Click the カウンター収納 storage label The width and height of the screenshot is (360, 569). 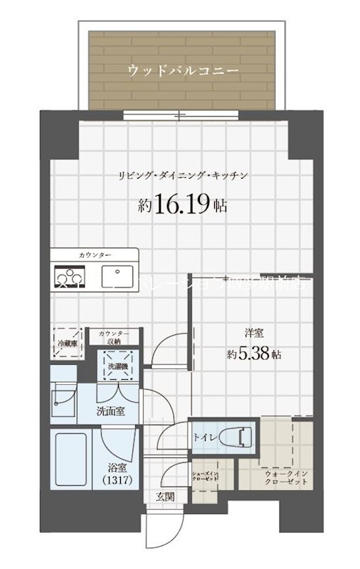pos(114,337)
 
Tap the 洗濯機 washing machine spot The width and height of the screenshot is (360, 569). pos(116,366)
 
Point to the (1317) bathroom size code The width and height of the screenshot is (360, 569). pos(117,482)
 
